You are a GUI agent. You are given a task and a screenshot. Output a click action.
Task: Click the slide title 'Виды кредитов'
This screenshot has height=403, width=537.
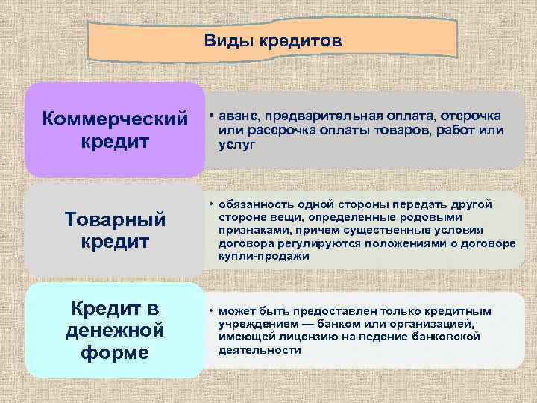pyautogui.click(x=272, y=41)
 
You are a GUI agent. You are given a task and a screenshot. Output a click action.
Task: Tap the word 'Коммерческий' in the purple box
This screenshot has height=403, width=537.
pyautogui.click(x=114, y=119)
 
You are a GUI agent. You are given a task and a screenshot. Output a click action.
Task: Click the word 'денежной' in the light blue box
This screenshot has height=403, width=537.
pyautogui.click(x=114, y=329)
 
